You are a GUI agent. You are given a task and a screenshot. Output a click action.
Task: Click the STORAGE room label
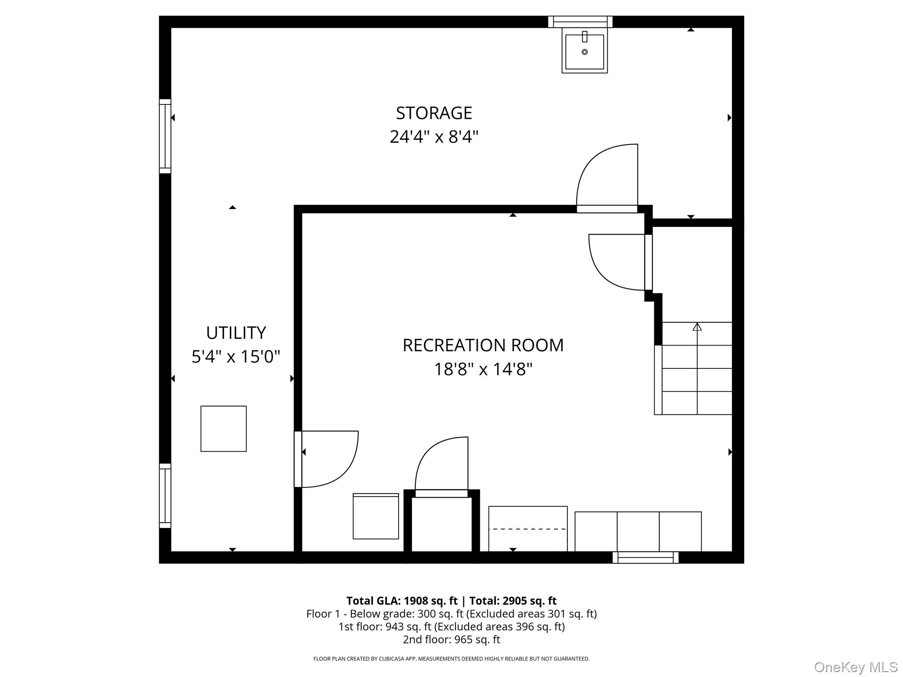[434, 113]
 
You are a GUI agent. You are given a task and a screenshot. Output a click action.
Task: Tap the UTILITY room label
[236, 333]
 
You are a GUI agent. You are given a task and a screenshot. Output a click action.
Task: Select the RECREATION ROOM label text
[483, 345]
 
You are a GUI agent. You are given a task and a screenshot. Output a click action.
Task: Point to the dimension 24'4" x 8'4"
[434, 137]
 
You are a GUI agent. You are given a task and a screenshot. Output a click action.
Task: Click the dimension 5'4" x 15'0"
[236, 356]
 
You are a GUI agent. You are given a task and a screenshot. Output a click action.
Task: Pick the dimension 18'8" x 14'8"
[483, 369]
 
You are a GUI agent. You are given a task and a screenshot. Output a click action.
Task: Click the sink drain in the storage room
[585, 52]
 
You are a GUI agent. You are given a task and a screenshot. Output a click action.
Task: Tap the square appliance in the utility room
[224, 428]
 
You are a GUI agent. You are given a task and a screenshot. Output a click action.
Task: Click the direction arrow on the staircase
[697, 327]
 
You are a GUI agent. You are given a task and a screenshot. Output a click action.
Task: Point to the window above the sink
[580, 22]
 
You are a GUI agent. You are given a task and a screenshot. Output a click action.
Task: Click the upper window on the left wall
[165, 136]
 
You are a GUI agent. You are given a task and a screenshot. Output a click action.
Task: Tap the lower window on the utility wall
[165, 495]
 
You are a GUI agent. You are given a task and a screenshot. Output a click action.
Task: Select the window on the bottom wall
[646, 558]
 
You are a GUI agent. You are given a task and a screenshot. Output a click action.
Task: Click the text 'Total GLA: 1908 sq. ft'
[402, 601]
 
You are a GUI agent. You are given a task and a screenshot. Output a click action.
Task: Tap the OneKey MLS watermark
[856, 667]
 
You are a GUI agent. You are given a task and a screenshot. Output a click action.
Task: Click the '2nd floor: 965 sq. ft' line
[451, 639]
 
